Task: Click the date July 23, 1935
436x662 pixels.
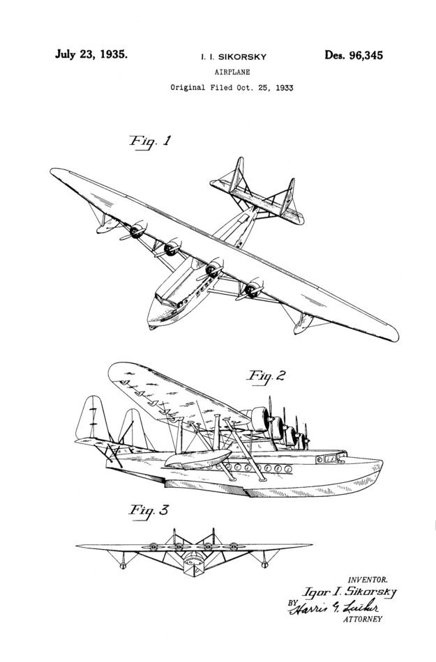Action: [91, 54]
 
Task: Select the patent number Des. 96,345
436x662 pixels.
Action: [353, 56]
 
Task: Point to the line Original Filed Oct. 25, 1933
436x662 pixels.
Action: [232, 88]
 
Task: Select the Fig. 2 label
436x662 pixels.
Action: [266, 376]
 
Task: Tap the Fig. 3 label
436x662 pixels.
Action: [148, 511]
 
